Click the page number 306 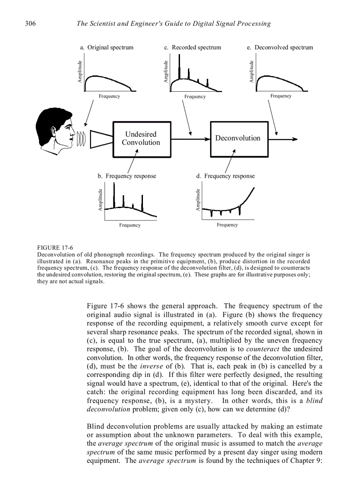[x=30, y=24]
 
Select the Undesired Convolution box [x=141, y=138]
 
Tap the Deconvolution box [x=238, y=138]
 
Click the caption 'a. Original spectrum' [x=106, y=48]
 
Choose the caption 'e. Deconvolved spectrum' [x=280, y=48]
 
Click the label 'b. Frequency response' [x=127, y=176]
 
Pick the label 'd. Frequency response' [x=225, y=176]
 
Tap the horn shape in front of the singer [x=101, y=138]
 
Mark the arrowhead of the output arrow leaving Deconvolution [x=295, y=139]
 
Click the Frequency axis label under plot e [x=281, y=96]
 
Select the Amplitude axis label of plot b [x=101, y=200]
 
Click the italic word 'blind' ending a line [x=314, y=401]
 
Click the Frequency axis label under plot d [x=227, y=225]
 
